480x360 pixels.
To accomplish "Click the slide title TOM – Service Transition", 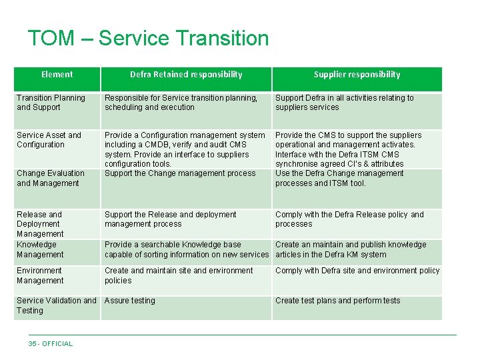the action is (x=148, y=38).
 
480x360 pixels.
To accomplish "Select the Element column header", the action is (x=57, y=75).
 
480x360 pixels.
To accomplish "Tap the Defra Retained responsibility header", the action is (x=186, y=75).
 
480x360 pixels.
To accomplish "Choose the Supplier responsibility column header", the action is (x=357, y=75).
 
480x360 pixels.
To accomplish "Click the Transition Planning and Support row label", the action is (x=51, y=103).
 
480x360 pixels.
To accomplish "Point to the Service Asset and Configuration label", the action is (x=49, y=140).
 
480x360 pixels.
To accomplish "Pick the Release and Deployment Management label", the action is (x=40, y=224).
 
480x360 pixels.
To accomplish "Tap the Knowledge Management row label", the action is (x=40, y=249).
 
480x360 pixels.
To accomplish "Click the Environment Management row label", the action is (x=40, y=275).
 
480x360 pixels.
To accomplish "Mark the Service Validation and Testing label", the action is (x=56, y=305).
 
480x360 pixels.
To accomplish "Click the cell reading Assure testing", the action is (x=129, y=301).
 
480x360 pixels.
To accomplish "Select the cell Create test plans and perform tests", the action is (x=337, y=301).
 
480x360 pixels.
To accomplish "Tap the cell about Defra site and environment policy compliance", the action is (x=357, y=271).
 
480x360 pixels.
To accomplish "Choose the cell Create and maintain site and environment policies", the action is (x=179, y=275).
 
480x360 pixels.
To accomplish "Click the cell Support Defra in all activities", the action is (x=344, y=103).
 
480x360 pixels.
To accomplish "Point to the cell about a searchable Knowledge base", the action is (x=186, y=249).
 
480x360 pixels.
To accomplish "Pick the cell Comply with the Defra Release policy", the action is (x=349, y=219).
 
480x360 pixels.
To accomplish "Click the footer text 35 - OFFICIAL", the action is (x=51, y=344).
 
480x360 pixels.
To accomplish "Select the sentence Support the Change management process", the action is (x=180, y=173).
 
